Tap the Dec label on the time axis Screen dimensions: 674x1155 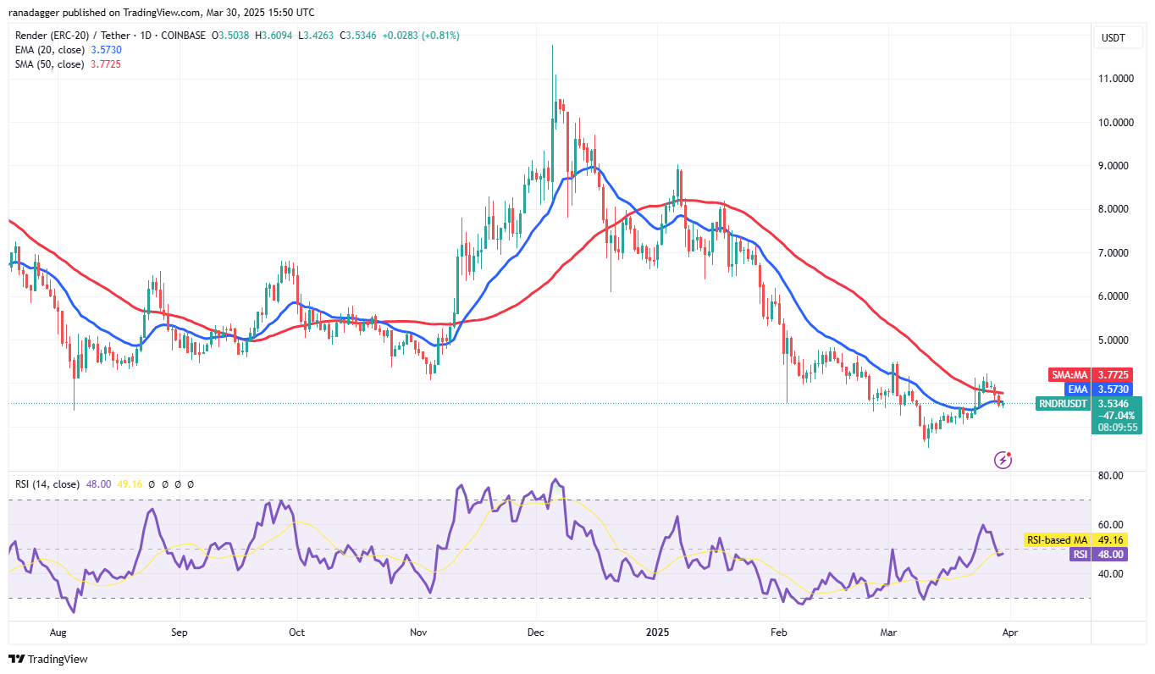click(x=535, y=632)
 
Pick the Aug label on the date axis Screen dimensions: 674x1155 click(x=58, y=632)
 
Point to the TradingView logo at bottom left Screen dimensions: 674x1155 click(x=48, y=659)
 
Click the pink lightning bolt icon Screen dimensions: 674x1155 click(x=1003, y=460)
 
